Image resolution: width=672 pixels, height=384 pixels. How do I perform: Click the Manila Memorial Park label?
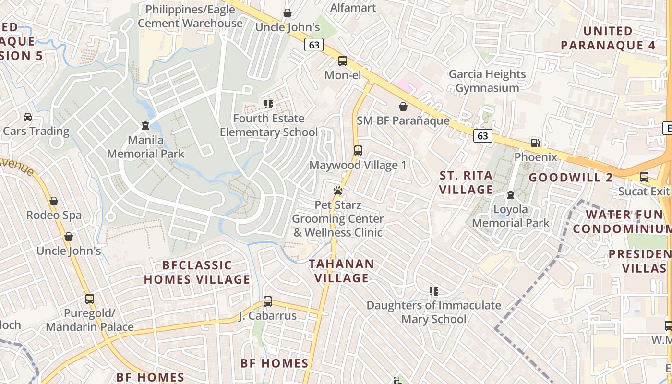[145, 147]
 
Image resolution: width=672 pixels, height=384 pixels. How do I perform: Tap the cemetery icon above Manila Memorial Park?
[145, 126]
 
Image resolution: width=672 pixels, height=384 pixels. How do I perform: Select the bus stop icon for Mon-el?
[343, 61]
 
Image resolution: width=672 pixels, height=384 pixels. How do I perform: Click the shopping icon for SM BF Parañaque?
[403, 107]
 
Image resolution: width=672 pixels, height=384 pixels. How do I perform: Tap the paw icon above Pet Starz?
[338, 191]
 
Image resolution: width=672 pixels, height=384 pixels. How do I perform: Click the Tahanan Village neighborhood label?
[341, 271]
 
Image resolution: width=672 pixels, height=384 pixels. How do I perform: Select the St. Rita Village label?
[466, 182]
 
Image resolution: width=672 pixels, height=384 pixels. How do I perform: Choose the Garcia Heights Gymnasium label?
[487, 81]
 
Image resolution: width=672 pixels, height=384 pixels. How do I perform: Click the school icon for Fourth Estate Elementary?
[269, 104]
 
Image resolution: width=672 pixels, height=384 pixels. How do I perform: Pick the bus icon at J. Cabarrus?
[268, 301]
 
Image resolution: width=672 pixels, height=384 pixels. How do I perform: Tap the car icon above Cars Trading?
[28, 117]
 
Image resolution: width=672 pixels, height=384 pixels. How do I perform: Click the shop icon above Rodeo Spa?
[54, 201]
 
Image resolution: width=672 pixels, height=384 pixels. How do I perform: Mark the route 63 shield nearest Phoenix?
[482, 136]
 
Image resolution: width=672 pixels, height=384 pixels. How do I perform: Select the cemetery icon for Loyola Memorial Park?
[511, 195]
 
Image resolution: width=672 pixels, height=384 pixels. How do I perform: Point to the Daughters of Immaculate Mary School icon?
[434, 291]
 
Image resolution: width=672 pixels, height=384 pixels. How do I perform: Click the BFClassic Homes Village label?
[197, 272]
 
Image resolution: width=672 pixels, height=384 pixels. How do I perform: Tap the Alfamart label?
[353, 7]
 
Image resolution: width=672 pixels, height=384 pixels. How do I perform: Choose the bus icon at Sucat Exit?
[644, 177]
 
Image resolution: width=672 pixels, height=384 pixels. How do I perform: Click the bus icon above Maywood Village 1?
[358, 150]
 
